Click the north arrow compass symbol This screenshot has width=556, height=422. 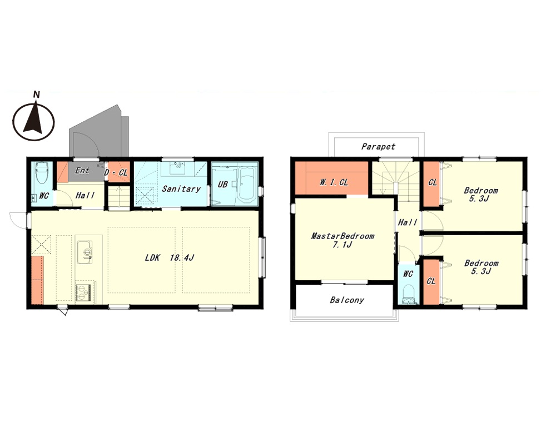pyautogui.click(x=34, y=121)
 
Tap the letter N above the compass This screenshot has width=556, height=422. pyautogui.click(x=36, y=95)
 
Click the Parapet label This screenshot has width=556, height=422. pyautogui.click(x=378, y=146)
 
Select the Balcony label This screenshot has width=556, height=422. pyautogui.click(x=347, y=300)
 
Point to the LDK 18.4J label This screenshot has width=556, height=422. pyautogui.click(x=169, y=258)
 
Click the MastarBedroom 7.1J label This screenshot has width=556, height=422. pyautogui.click(x=342, y=240)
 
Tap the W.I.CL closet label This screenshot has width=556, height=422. pyautogui.click(x=334, y=182)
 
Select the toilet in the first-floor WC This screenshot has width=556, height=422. pyautogui.click(x=42, y=173)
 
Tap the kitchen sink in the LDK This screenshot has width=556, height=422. pyautogui.click(x=85, y=252)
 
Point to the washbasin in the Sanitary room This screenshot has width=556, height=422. pyautogui.click(x=178, y=168)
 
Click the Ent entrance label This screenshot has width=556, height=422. pyautogui.click(x=82, y=171)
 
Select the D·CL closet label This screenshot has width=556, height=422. pyautogui.click(x=116, y=173)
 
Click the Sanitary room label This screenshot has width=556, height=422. pyautogui.click(x=181, y=188)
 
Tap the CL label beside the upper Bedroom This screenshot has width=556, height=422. pyautogui.click(x=433, y=182)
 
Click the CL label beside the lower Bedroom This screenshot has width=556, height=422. pyautogui.click(x=431, y=281)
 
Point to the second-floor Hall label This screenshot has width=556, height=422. pyautogui.click(x=408, y=222)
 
